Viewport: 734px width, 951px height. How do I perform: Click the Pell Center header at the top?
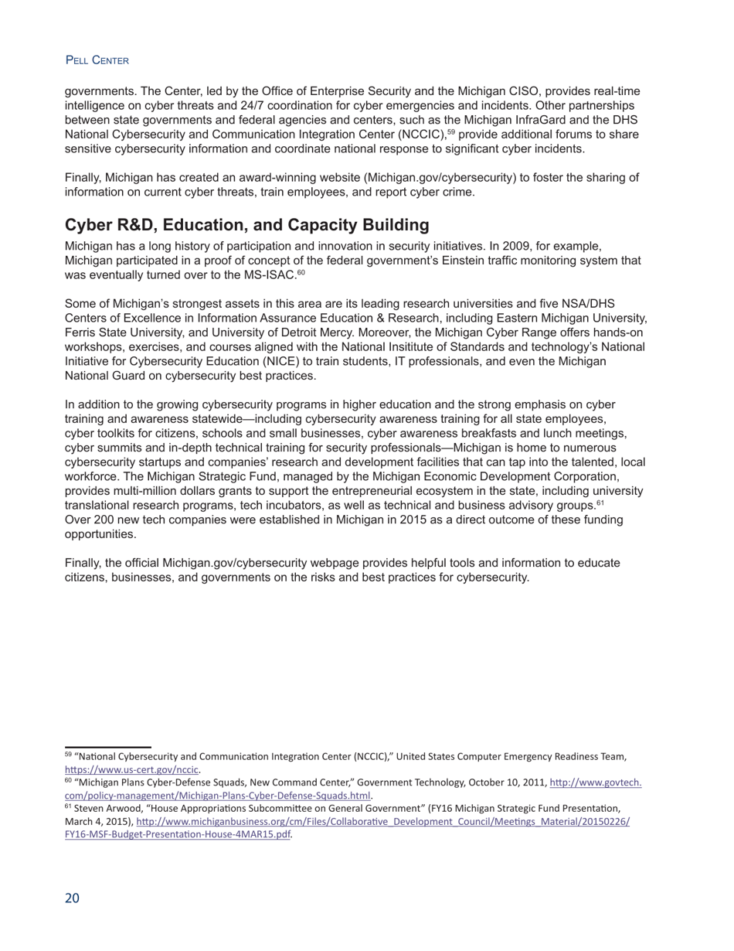coord(97,60)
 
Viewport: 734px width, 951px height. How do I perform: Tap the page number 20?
coord(72,898)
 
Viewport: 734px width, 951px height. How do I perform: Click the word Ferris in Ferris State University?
coord(81,333)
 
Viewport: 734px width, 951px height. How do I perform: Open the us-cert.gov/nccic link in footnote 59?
coord(132,770)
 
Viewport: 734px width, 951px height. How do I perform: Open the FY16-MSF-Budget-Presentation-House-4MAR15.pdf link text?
coord(178,834)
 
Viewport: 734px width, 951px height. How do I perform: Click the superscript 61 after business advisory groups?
coord(600,503)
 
